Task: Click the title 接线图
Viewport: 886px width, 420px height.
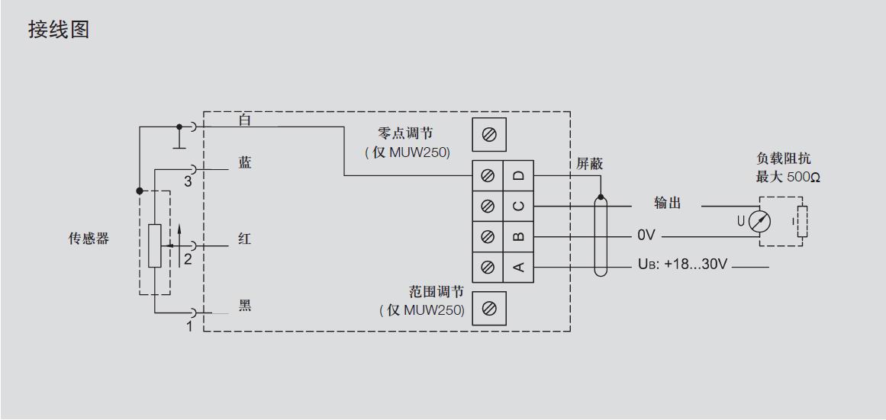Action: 59,30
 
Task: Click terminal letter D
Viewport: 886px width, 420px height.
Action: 518,175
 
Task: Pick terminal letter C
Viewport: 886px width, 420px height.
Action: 518,206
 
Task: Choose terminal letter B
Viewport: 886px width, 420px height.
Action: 518,236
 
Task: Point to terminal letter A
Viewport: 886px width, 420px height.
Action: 518,267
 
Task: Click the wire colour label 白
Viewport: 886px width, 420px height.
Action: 245,120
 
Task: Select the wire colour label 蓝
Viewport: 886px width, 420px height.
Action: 245,163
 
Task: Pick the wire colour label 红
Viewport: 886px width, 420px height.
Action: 244,239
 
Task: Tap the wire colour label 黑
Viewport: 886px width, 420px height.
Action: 245,306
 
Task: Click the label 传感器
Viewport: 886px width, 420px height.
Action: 89,239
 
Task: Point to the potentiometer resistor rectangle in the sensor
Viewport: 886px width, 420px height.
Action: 155,245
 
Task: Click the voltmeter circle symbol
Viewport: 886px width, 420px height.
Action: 759,221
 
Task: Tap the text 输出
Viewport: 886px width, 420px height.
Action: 668,203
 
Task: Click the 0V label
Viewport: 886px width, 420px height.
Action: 646,236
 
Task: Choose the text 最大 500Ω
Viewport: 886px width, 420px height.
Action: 788,178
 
